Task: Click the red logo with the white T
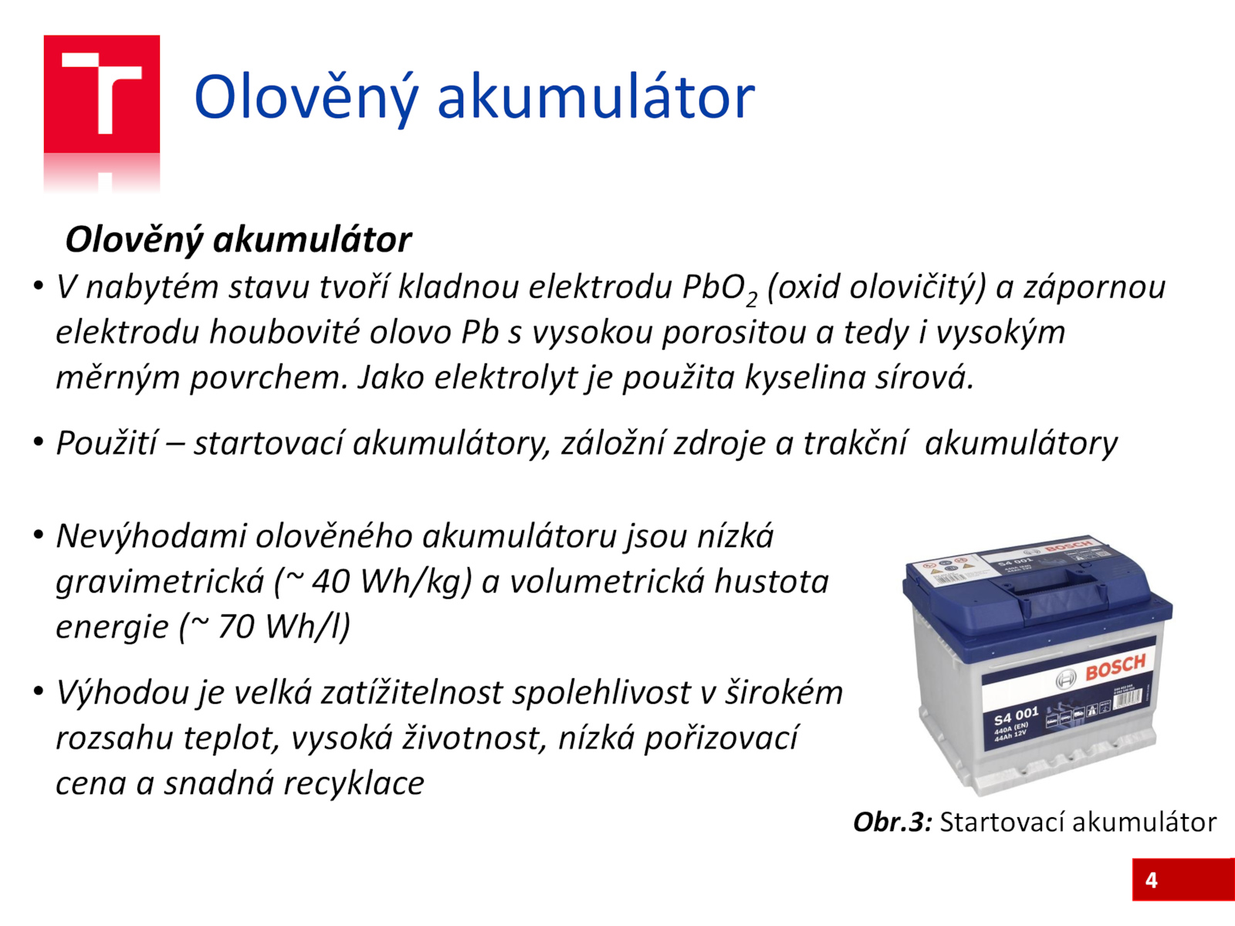click(102, 94)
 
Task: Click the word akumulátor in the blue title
click(596, 98)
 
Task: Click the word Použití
click(106, 443)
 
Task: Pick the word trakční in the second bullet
click(854, 443)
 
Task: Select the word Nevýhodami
click(151, 536)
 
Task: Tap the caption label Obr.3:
click(893, 822)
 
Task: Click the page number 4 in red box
click(1152, 880)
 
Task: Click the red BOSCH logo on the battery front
click(1115, 667)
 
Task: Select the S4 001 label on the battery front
click(1016, 717)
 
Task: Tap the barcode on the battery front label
click(1128, 700)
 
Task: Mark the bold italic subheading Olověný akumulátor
click(239, 241)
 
